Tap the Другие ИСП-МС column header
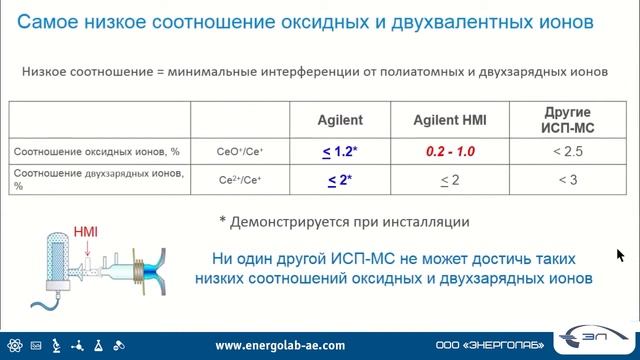coord(567,119)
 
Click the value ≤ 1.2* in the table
coord(338,152)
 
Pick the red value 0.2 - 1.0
coord(450,152)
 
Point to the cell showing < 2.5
coord(567,152)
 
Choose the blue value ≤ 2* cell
coord(338,181)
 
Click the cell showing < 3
coord(567,181)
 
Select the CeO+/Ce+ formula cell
coord(240,153)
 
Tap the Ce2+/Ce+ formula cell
coord(240,181)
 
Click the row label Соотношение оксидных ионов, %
coord(96,152)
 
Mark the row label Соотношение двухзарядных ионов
coord(96,178)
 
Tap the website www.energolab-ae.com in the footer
coord(281,345)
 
